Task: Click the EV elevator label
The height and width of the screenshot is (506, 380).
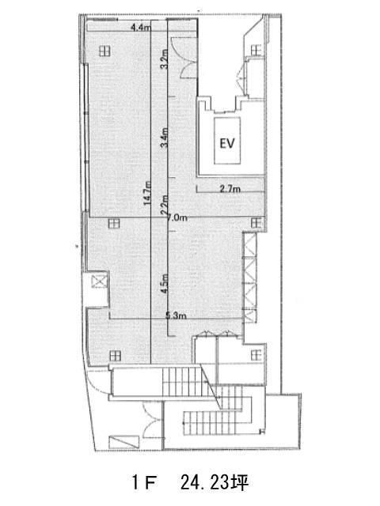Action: pos(227,143)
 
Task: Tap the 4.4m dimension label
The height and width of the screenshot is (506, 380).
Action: pos(141,28)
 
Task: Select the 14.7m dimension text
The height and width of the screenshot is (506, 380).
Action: pos(147,193)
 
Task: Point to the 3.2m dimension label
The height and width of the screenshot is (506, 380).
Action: pos(165,59)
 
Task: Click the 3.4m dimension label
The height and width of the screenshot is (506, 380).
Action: pos(165,137)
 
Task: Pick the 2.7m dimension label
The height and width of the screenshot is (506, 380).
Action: pos(230,189)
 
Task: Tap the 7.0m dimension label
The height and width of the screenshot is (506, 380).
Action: pos(177,218)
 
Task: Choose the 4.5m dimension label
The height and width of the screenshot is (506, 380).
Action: pos(165,283)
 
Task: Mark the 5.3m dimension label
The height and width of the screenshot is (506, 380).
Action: pos(176,315)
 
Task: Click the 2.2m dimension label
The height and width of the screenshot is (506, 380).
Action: pos(165,205)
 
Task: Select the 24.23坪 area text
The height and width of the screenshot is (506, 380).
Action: pos(215,483)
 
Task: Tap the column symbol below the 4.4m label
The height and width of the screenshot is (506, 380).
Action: pos(104,51)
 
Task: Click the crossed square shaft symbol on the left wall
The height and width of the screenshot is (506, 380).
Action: pos(99,282)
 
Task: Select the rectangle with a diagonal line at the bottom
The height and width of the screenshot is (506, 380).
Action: pos(123,441)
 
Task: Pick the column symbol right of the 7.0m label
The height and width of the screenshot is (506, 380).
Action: pos(256,223)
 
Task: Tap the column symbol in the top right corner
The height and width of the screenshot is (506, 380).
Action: pos(256,50)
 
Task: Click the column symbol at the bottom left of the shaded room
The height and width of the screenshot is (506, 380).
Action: pos(115,356)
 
